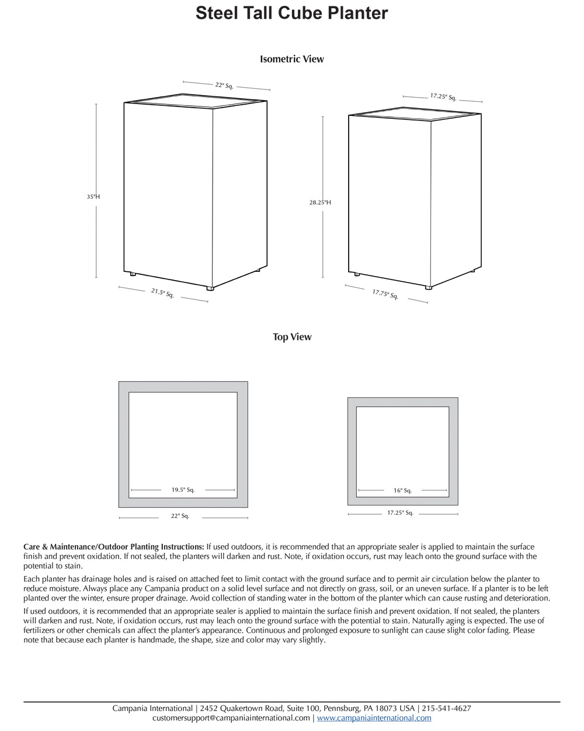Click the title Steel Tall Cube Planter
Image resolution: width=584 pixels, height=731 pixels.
[291, 13]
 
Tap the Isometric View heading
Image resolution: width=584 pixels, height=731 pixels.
[291, 59]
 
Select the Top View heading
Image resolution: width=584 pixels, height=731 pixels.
[291, 337]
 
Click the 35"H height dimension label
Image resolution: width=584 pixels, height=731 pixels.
[93, 197]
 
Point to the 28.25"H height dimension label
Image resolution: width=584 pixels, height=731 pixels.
[320, 202]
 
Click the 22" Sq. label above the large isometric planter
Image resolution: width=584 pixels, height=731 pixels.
[224, 85]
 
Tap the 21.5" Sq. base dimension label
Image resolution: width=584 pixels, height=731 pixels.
[162, 293]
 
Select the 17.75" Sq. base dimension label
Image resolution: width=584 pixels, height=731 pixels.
[385, 294]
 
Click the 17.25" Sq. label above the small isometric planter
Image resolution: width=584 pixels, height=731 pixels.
[443, 96]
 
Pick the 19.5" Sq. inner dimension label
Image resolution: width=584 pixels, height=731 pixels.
[183, 490]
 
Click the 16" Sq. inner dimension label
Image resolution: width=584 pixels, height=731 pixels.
[402, 491]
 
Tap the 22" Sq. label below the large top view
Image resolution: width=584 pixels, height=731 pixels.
[180, 516]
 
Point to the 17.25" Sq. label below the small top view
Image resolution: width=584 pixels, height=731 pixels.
[400, 513]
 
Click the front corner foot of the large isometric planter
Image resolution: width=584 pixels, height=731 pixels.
[210, 288]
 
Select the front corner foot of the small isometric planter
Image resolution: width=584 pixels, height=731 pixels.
[429, 287]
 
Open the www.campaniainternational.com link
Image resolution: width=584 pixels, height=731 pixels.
[374, 718]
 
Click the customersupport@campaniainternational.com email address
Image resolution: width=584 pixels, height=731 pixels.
[231, 718]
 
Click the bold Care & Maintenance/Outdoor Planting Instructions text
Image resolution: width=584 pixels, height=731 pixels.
[114, 547]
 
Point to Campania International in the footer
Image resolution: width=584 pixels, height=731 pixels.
[152, 708]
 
